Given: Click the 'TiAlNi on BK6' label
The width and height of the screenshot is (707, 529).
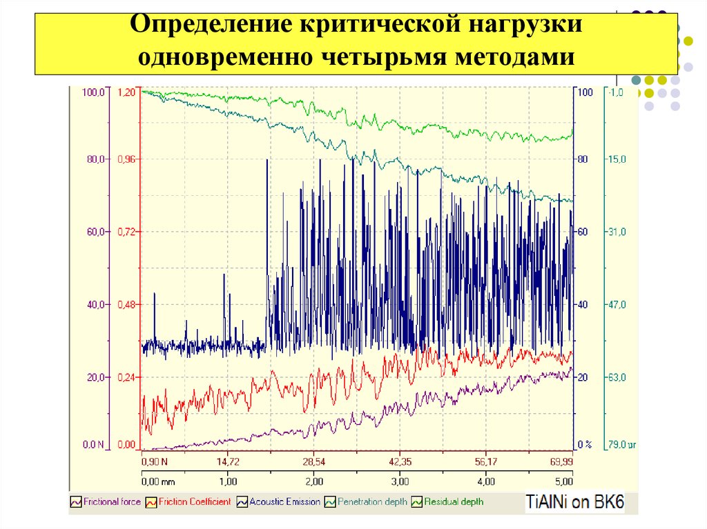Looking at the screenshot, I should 574,502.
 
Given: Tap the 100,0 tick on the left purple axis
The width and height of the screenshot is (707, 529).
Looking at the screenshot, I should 93,92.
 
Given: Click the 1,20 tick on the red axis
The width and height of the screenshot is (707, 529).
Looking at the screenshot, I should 128,92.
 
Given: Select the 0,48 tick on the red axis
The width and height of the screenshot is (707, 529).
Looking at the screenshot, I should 128,304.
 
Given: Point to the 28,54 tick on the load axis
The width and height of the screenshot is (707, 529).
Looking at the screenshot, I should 313,461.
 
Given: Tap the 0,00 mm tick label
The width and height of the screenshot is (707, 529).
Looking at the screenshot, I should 157,481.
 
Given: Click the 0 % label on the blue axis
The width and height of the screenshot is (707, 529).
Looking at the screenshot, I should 585,445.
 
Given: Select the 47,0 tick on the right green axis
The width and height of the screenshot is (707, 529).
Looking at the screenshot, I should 617,304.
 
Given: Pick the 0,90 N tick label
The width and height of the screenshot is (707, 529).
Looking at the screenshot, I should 155,461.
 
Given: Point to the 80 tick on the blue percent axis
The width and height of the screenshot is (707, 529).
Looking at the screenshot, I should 582,159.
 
